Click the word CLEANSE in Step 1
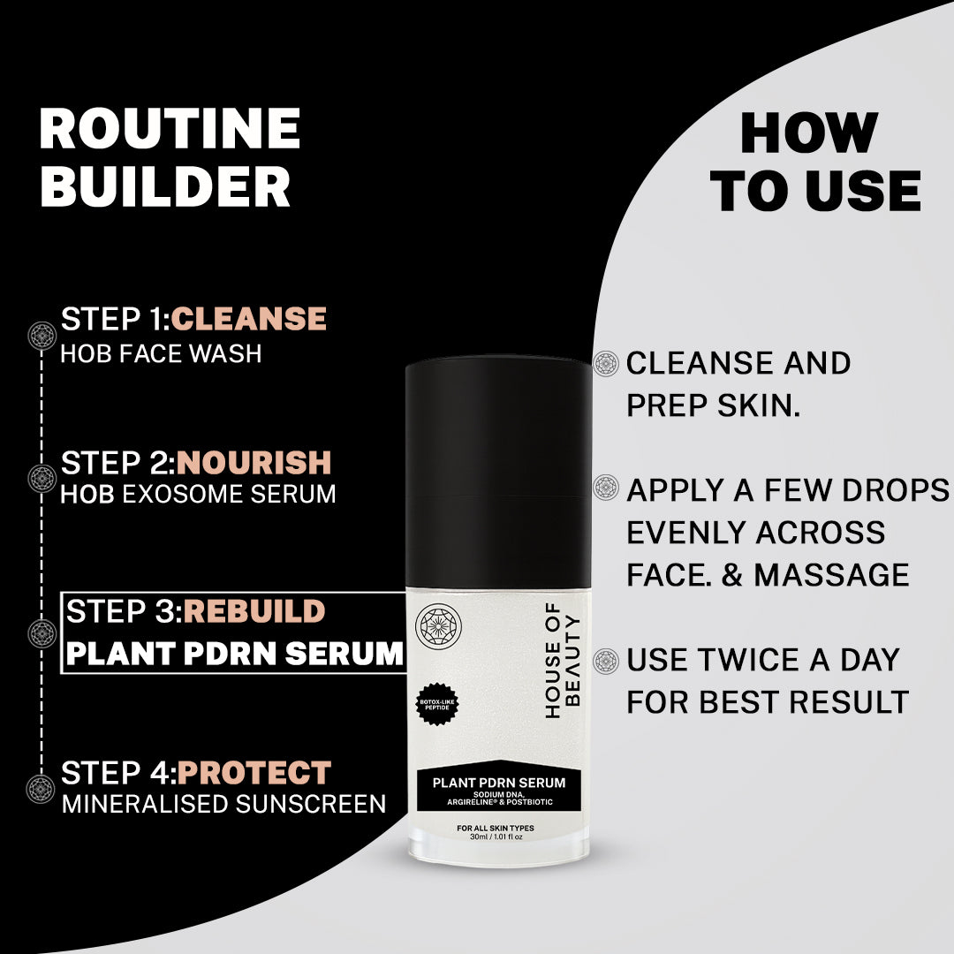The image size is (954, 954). [249, 319]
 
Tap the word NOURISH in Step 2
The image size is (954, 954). [254, 463]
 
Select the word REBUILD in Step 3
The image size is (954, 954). [254, 611]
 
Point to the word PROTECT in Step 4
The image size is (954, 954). [254, 773]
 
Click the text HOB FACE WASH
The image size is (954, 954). [162, 353]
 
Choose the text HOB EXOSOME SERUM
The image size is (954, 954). [199, 494]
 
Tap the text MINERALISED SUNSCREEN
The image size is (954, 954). [223, 805]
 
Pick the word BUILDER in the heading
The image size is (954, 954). [165, 186]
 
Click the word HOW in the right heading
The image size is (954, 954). [808, 133]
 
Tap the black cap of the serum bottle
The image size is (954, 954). [498, 472]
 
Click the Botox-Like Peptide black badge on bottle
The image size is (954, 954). [437, 704]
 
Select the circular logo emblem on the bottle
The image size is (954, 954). [438, 626]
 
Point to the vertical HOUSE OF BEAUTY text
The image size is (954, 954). [562, 661]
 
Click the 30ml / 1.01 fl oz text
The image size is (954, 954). [496, 837]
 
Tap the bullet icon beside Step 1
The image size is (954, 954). [42, 336]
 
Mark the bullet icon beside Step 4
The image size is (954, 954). [42, 789]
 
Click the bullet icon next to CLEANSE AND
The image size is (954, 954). [605, 364]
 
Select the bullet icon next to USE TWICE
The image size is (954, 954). [605, 661]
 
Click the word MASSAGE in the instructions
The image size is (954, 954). [831, 575]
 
